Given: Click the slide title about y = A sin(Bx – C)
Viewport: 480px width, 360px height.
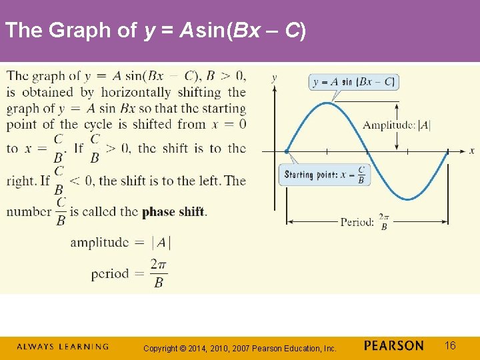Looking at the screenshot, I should coord(155,31).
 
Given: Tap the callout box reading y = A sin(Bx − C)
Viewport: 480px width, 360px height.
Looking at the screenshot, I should coord(355,82).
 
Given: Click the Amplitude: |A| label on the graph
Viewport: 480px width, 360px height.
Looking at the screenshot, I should coord(397,125).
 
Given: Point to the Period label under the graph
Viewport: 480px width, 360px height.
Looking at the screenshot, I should coord(364,222).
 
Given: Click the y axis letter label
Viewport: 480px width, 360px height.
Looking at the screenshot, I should coord(275,78).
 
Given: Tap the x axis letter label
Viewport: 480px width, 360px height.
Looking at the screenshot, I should coord(471,151).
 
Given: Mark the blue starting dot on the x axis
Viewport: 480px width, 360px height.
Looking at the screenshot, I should coord(287,151).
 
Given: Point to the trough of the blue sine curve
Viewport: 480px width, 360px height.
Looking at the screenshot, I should coord(408,199).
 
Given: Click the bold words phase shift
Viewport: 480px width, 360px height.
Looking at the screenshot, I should coord(173,212).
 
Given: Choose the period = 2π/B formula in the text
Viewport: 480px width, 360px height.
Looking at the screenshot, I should coord(129,273).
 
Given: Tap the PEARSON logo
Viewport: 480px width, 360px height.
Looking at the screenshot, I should coord(394,345).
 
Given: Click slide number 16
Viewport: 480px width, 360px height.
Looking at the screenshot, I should coord(451,345).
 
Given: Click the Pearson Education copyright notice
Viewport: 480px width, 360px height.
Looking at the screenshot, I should coord(240,347).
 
